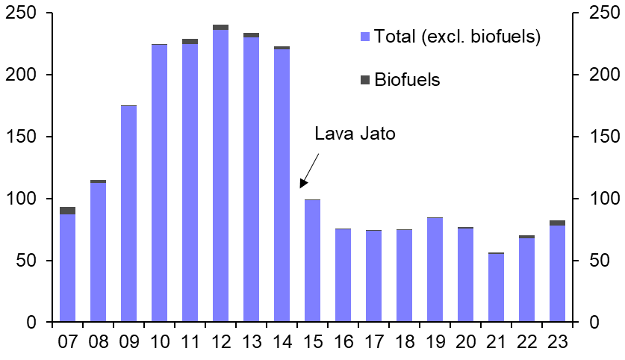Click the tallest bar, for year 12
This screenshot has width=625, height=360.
pyautogui.click(x=220, y=176)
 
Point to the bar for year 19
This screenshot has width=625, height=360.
pyautogui.click(x=435, y=270)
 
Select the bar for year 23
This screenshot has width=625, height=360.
pyautogui.click(x=557, y=273)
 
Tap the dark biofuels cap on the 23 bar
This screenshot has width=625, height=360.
pyautogui.click(x=557, y=223)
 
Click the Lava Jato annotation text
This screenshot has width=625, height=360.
pyautogui.click(x=354, y=134)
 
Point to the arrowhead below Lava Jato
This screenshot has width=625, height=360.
pyautogui.click(x=302, y=184)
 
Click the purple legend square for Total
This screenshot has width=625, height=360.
pyautogui.click(x=365, y=37)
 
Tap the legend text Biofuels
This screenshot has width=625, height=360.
pyautogui.click(x=407, y=80)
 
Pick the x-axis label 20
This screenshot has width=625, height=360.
pyautogui.click(x=465, y=342)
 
